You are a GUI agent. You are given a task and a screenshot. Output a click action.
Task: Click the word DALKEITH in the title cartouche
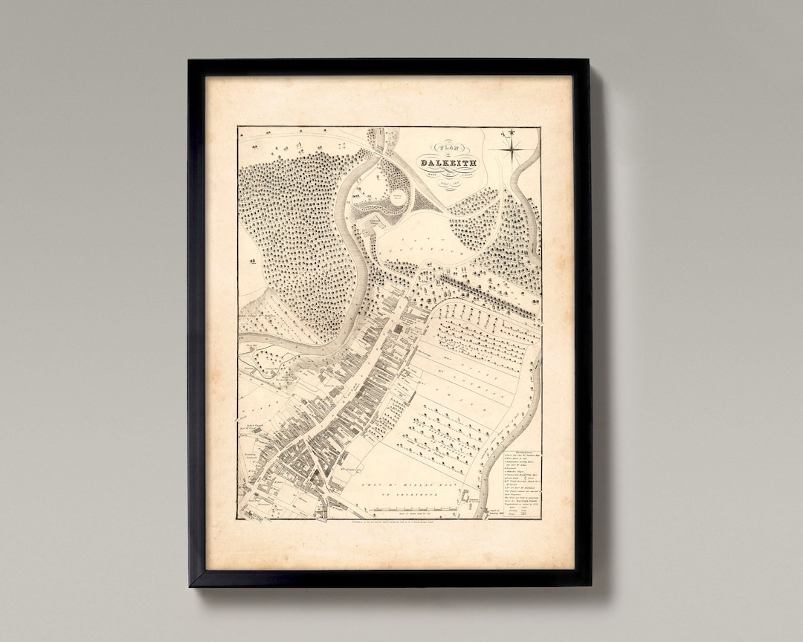tap(449, 163)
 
